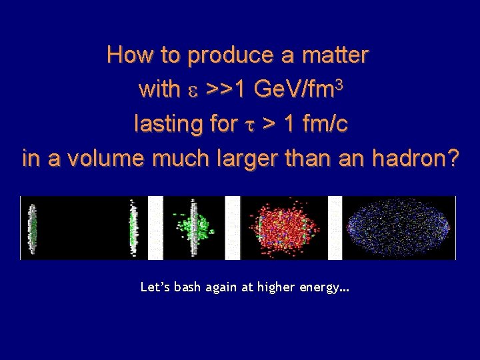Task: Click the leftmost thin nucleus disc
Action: click(x=31, y=228)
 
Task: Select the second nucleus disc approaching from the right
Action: click(x=133, y=228)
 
